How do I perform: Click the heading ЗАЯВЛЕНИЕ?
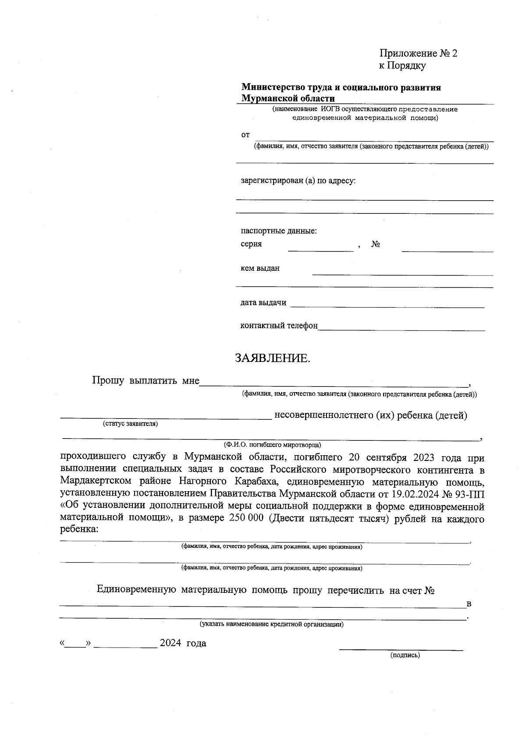click(x=272, y=358)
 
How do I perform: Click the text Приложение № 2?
click(x=418, y=53)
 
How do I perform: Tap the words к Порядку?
click(x=402, y=66)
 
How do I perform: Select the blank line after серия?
click(x=320, y=250)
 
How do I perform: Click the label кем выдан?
click(x=260, y=268)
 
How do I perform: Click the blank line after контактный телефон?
click(x=402, y=329)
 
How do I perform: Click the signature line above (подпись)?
click(x=401, y=649)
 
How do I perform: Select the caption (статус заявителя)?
click(x=131, y=424)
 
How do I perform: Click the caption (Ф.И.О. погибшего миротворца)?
click(x=272, y=444)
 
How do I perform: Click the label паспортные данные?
click(x=279, y=230)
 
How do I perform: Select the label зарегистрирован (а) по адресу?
click(x=298, y=181)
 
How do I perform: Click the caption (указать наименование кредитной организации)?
click(x=272, y=624)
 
